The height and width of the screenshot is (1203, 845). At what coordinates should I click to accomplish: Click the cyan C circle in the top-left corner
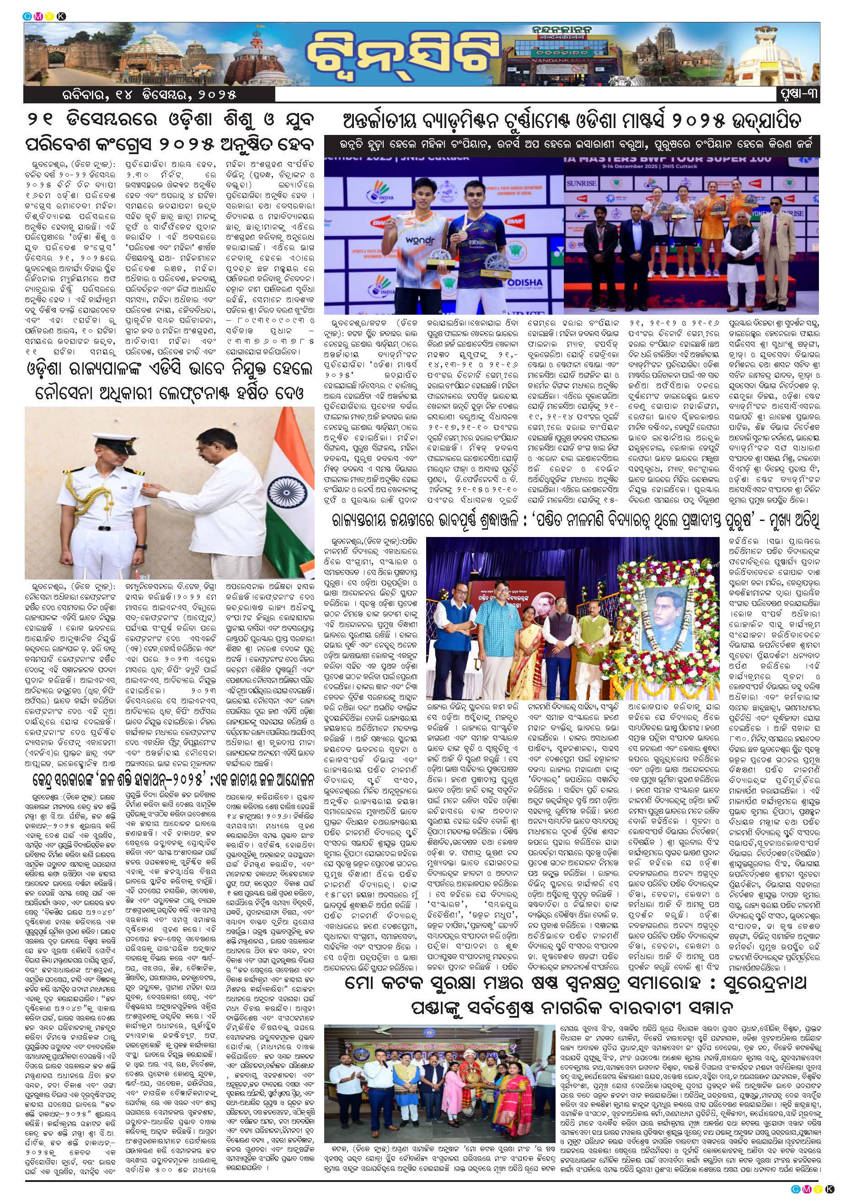pyautogui.click(x=26, y=16)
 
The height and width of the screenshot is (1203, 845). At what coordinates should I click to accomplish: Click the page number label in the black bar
pyautogui.click(x=797, y=94)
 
